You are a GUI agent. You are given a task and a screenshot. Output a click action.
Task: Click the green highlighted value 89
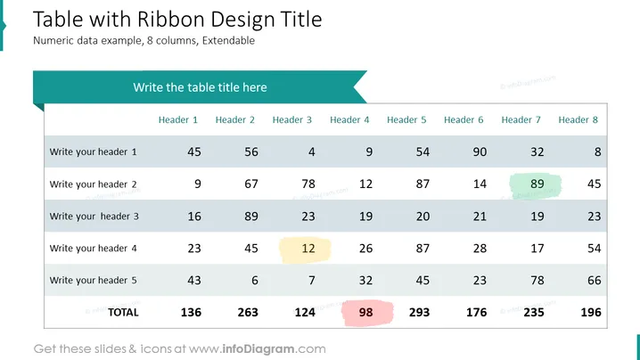tap(537, 184)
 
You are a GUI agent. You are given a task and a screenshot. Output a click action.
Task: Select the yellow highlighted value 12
tap(308, 249)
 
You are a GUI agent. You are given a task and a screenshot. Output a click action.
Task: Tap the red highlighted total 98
tap(365, 313)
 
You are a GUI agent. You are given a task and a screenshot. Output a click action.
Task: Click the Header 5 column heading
tap(406, 120)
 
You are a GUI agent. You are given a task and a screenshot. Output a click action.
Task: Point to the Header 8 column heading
tap(578, 120)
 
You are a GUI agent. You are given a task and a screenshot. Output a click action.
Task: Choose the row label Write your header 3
tap(94, 217)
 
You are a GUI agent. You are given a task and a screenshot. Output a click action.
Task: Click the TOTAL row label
tap(123, 313)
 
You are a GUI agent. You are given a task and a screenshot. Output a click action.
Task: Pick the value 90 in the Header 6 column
tap(480, 151)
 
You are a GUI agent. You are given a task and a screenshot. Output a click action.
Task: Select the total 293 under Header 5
tap(419, 313)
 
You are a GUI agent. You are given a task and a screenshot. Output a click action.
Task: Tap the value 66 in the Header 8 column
tap(595, 281)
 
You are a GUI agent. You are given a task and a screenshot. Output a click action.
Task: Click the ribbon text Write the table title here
tap(200, 87)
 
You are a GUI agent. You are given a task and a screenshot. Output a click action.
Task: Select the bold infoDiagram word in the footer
tap(258, 349)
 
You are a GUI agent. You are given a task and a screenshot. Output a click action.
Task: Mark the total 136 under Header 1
tap(191, 313)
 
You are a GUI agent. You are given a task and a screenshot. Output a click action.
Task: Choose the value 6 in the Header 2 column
tap(255, 281)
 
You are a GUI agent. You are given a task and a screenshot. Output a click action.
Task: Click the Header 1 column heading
tap(178, 120)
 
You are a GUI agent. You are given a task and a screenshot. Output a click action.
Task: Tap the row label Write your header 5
tap(93, 281)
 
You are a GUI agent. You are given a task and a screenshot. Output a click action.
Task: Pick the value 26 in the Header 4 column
tap(365, 249)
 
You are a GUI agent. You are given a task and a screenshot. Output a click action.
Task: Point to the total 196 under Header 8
tap(591, 313)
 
